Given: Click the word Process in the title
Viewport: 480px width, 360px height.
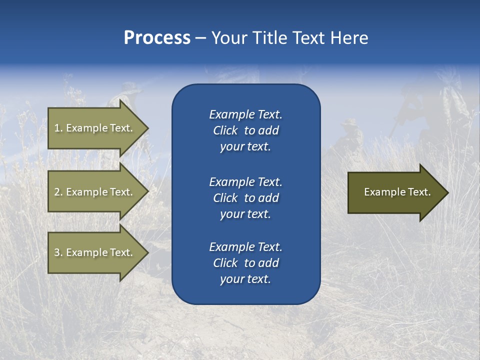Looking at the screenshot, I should coord(157,38).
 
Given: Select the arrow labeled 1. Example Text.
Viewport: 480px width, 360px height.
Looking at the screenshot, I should coord(95,128).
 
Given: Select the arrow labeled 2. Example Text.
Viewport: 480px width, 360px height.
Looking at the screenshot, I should coord(95,192).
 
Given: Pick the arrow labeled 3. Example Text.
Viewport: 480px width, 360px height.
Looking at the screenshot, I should coord(95,252).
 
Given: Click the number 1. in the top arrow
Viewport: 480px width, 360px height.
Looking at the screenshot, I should coord(58,128).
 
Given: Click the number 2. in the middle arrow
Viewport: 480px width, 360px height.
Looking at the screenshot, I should coord(58,192).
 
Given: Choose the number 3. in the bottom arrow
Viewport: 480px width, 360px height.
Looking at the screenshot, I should coord(58,252).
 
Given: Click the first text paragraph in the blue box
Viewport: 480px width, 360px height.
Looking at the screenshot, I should coord(245,130).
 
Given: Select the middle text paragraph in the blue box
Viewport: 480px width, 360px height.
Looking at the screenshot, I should coord(245,198).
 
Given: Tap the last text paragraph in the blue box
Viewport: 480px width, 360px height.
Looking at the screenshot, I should coord(245,263).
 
